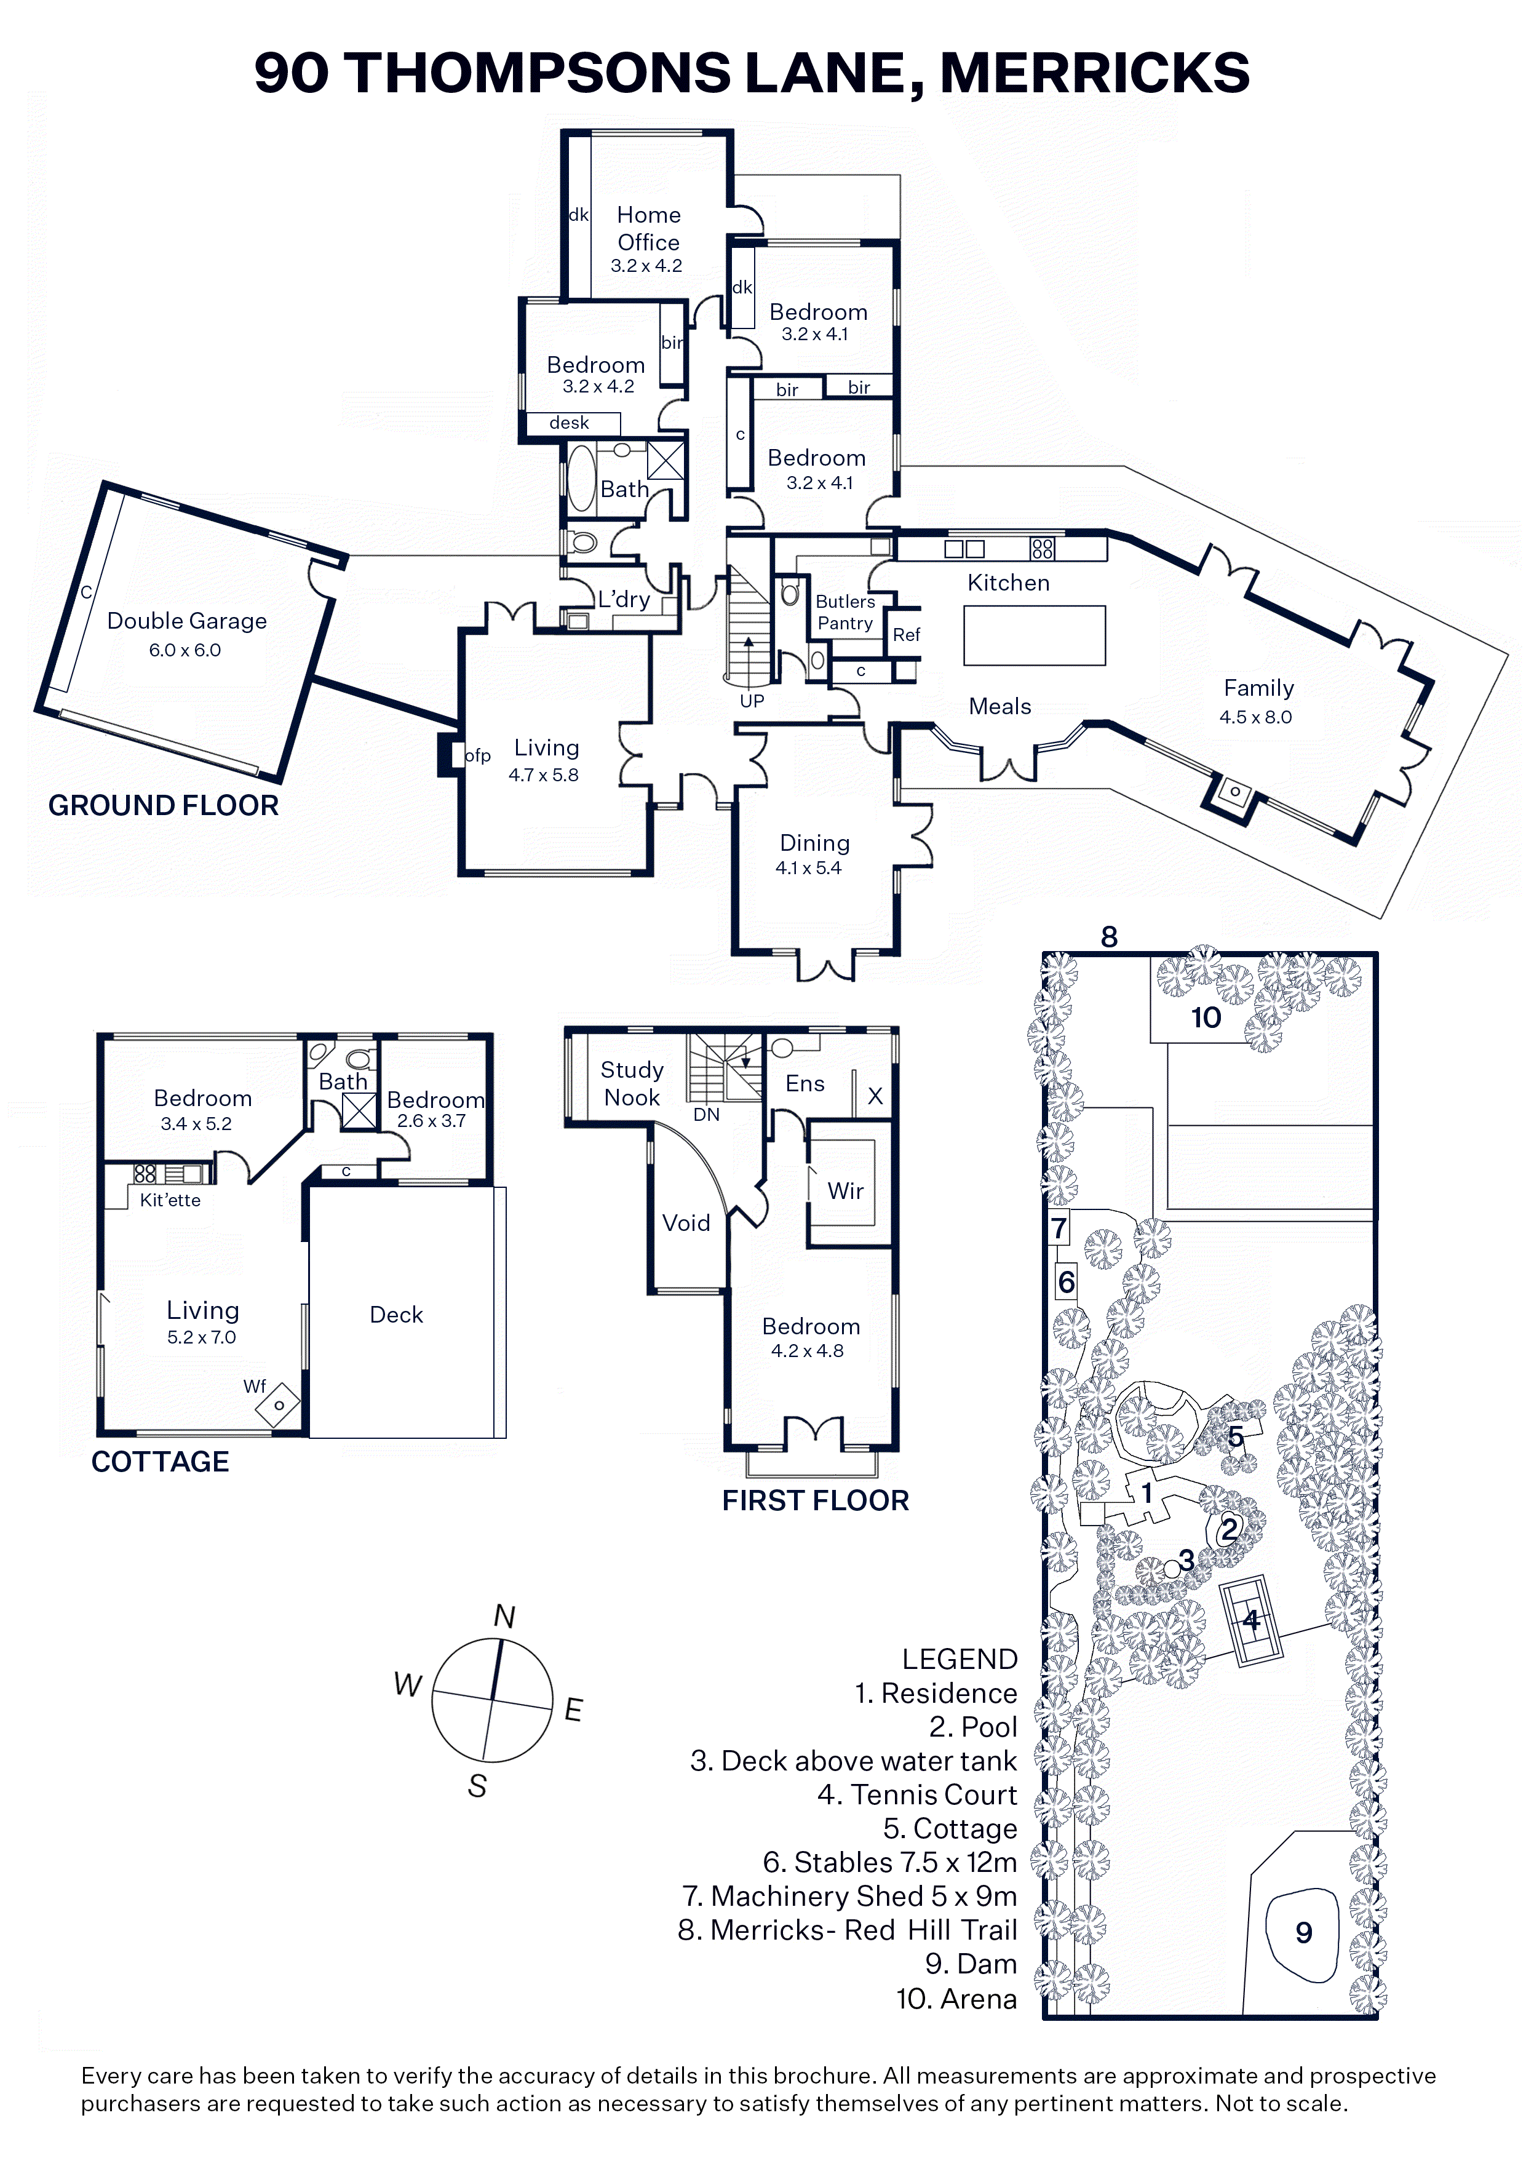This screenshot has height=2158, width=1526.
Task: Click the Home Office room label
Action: [x=648, y=228]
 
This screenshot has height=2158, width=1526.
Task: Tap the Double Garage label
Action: [x=187, y=621]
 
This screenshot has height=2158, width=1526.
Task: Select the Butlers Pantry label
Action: [x=844, y=613]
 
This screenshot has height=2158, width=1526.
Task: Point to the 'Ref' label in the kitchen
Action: [x=906, y=635]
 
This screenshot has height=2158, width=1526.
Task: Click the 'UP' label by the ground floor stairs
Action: [x=752, y=701]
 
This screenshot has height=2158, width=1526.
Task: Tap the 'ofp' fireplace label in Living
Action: [x=477, y=755]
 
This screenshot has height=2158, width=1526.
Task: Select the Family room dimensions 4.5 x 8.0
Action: [x=1255, y=717]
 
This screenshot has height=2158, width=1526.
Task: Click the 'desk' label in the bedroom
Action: [x=570, y=423]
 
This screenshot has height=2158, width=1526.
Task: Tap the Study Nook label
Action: [x=632, y=1084]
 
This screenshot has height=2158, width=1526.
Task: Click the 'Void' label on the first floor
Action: [x=686, y=1223]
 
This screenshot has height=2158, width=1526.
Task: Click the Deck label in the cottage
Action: [x=397, y=1315]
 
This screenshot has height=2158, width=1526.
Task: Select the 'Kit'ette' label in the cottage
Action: [x=170, y=1200]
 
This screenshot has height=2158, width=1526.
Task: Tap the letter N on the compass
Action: [x=504, y=1617]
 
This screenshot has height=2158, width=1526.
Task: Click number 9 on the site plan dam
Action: [x=1303, y=1932]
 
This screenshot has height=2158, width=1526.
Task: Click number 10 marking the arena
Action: [x=1206, y=1018]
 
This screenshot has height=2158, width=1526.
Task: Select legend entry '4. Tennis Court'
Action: [x=917, y=1795]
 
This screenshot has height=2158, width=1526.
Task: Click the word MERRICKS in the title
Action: [x=1095, y=73]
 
